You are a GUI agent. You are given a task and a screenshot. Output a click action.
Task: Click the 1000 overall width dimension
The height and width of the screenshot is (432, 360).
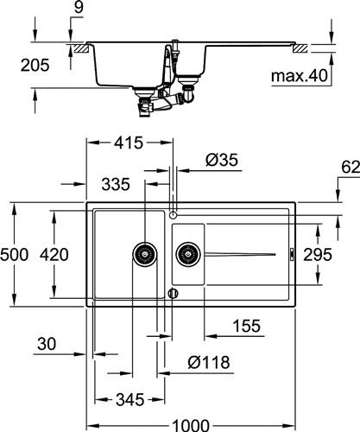pyautogui.click(x=191, y=425)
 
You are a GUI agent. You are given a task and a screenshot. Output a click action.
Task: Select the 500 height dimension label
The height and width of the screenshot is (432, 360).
pyautogui.click(x=14, y=255)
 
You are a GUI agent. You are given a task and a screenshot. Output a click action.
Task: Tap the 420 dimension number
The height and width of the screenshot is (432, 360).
pyautogui.click(x=54, y=255)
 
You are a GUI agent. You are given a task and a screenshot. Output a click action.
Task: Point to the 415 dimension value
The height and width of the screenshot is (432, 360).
pyautogui.click(x=129, y=143)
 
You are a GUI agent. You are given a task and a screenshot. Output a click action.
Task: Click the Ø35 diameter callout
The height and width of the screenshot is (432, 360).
pyautogui.click(x=222, y=160)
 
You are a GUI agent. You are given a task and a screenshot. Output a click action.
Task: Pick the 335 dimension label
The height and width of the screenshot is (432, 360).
pyautogui.click(x=116, y=184)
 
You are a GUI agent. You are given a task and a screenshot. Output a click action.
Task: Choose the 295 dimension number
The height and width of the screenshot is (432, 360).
pyautogui.click(x=318, y=255)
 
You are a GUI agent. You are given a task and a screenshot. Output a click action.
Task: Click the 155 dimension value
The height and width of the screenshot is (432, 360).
pyautogui.click(x=246, y=326)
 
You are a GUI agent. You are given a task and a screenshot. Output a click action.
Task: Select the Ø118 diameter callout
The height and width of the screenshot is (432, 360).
pyautogui.click(x=209, y=362)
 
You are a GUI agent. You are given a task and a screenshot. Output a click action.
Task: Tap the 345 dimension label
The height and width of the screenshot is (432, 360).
pyautogui.click(x=129, y=400)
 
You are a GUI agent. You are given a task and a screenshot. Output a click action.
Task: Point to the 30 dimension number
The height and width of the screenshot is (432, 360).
pyautogui.click(x=47, y=344)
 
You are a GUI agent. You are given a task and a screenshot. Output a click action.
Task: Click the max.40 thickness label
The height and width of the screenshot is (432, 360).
pyautogui.click(x=300, y=76)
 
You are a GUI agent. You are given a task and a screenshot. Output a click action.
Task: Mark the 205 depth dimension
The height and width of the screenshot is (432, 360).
pyautogui.click(x=35, y=65)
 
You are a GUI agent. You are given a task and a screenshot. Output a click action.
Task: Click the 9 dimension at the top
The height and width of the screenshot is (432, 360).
pyautogui.click(x=79, y=7)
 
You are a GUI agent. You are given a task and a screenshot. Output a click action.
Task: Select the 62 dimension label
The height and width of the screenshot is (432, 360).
pyautogui.click(x=351, y=168)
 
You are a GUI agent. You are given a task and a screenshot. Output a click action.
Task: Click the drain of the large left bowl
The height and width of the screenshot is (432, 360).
pyautogui.click(x=145, y=254)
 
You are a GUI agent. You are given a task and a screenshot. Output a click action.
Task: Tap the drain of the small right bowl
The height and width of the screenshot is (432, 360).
pyautogui.click(x=188, y=254)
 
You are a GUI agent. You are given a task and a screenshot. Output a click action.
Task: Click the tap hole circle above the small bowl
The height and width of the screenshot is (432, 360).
pyautogui.click(x=173, y=214)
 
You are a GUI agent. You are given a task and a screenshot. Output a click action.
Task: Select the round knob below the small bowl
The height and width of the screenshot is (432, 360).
pyautogui.click(x=173, y=294)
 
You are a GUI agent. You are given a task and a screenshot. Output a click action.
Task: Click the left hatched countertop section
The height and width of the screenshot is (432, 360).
pyautogui.click(x=81, y=48)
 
